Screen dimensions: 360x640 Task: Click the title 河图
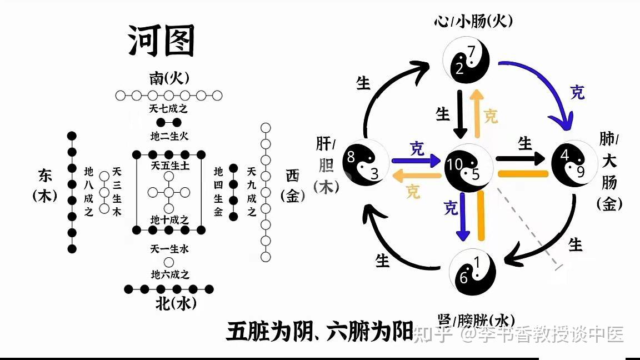162,41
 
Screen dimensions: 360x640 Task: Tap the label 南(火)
169,79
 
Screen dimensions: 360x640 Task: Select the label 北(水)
169,304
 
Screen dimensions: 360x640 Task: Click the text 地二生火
169,135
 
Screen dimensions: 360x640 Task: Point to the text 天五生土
169,165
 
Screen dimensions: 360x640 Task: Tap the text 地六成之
169,274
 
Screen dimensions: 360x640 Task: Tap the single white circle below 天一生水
169,262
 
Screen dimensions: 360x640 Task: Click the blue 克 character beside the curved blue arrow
578,92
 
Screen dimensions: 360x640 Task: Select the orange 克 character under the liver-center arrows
413,192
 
